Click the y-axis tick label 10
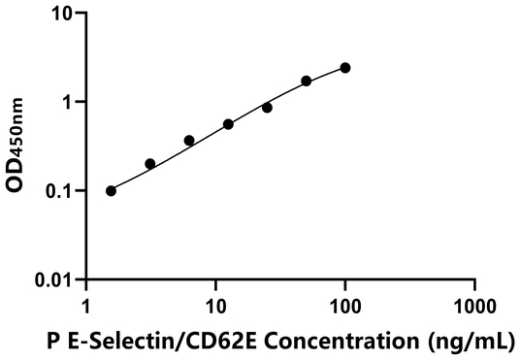click(60, 14)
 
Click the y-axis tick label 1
click(66, 102)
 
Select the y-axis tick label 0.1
click(57, 191)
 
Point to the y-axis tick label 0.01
click(52, 279)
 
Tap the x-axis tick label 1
click(86, 302)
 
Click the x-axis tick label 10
click(215, 302)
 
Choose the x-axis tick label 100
click(344, 302)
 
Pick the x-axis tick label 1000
click(473, 302)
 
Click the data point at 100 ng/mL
click(345, 68)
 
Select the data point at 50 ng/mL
click(307, 81)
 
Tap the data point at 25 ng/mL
click(267, 108)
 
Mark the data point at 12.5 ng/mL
click(228, 124)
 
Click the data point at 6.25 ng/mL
click(189, 141)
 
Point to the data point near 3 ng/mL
click(149, 164)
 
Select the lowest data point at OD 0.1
click(111, 190)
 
